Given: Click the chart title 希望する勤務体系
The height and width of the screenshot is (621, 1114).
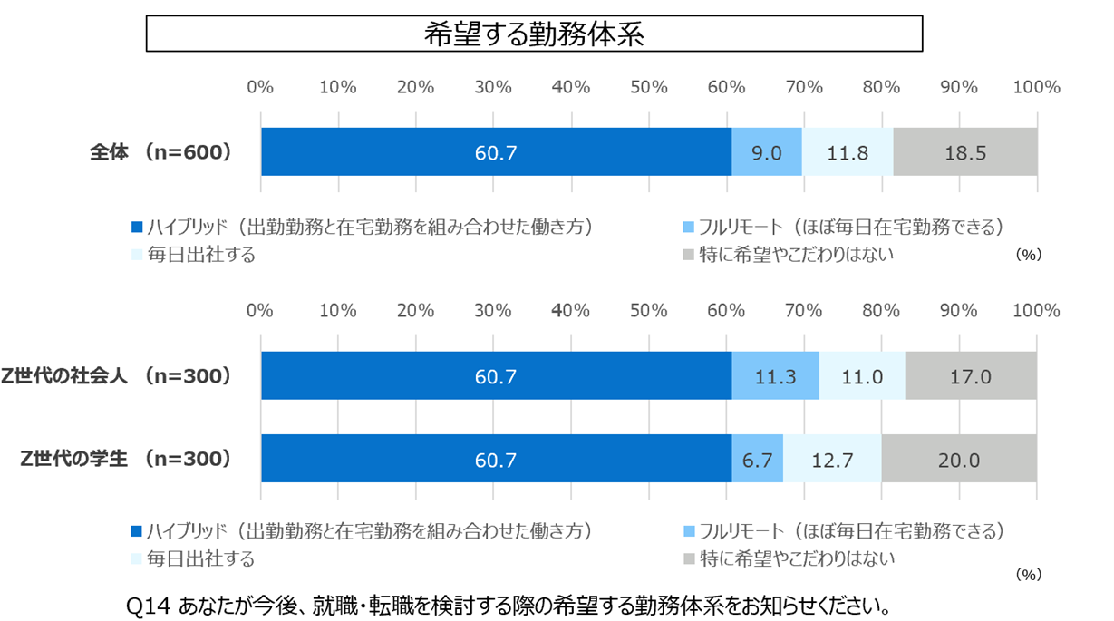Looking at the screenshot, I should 534,34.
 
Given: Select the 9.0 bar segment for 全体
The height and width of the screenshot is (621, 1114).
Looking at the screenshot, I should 767,152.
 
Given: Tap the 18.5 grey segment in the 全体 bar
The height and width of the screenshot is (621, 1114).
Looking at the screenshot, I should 964,152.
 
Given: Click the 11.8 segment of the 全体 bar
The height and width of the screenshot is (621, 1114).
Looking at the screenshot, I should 848,152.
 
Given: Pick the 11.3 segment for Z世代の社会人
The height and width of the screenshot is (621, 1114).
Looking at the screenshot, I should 775,376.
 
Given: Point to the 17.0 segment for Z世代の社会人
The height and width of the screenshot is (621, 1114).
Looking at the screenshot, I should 970,376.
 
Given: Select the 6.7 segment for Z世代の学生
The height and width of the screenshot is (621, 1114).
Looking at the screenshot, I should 757,460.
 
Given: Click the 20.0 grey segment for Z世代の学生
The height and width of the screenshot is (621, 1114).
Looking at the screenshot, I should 959,460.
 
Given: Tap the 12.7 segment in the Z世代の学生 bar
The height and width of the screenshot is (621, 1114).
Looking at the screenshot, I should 832,460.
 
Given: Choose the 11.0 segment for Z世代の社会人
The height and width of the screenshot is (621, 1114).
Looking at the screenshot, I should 861,376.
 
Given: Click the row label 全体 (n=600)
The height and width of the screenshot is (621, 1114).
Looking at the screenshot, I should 160,152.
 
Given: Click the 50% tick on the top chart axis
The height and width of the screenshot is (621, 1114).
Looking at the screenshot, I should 649,87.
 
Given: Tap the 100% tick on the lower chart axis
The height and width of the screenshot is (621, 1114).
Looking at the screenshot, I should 1036,310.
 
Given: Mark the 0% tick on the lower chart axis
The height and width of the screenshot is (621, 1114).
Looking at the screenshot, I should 261,310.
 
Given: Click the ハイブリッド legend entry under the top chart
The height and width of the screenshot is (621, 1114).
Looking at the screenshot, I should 363,226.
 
